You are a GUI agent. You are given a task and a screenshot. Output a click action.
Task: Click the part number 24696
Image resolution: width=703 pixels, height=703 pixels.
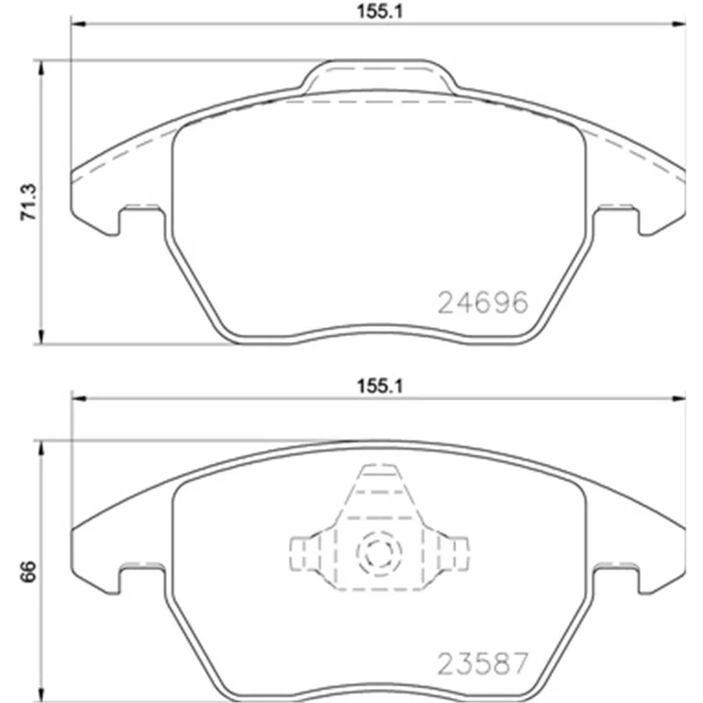tap(482, 302)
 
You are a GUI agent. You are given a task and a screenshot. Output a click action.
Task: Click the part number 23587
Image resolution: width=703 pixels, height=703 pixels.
tap(482, 664)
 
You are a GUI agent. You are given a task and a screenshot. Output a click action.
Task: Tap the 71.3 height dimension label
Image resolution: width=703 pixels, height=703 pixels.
tap(29, 202)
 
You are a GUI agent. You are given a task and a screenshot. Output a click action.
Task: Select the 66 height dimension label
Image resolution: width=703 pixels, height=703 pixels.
tap(28, 571)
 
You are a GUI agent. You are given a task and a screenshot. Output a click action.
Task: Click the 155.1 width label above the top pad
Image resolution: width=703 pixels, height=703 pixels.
tap(380, 11)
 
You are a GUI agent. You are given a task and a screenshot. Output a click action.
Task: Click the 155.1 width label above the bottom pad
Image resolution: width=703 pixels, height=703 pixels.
tap(380, 386)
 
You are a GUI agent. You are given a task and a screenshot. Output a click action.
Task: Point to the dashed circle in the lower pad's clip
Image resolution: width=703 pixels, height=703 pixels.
tap(380, 554)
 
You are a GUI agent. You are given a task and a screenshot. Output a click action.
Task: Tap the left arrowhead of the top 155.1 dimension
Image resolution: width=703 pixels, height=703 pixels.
tap(78, 24)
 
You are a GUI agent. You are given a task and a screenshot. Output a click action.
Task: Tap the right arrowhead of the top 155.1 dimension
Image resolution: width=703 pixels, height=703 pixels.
tap(678, 24)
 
